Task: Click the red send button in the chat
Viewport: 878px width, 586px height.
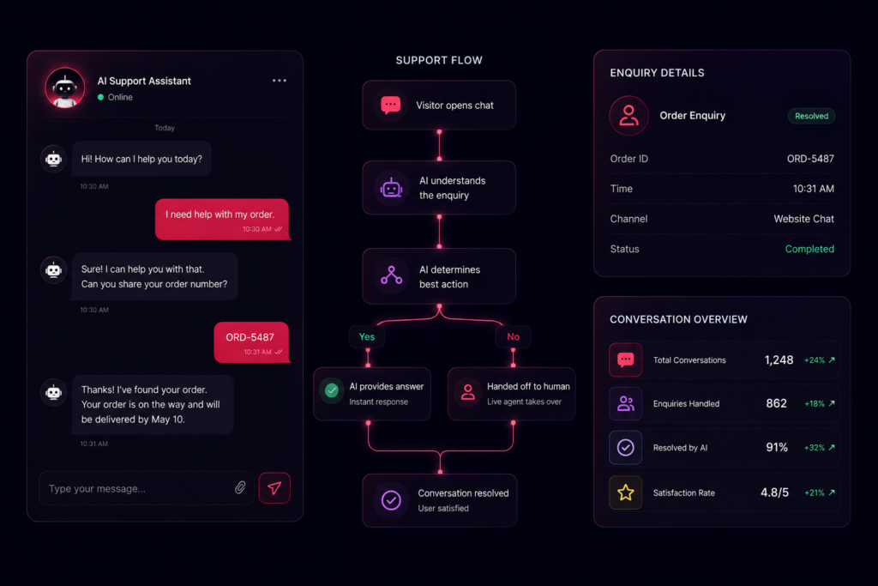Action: click(274, 488)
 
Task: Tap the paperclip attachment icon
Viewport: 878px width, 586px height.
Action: click(240, 487)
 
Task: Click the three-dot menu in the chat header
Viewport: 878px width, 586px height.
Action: click(280, 81)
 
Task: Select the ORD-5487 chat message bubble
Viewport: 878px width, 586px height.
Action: click(251, 342)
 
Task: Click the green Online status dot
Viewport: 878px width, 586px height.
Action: click(101, 97)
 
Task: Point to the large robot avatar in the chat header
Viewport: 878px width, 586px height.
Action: click(65, 88)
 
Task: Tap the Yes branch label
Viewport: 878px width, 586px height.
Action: click(367, 336)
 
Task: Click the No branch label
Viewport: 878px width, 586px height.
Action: click(513, 336)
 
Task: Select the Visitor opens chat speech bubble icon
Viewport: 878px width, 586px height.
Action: click(391, 105)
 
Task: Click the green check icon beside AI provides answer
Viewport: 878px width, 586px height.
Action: click(332, 390)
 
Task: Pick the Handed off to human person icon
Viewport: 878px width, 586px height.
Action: click(468, 391)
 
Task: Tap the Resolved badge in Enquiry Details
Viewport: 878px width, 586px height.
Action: click(811, 116)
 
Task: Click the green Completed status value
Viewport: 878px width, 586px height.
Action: click(809, 249)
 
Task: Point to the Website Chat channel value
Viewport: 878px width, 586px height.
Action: click(803, 219)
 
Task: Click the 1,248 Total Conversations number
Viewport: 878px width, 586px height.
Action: click(779, 360)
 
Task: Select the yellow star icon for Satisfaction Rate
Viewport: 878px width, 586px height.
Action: click(625, 492)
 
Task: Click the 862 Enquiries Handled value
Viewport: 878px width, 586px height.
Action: click(776, 403)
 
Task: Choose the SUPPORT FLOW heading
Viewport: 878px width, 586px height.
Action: click(439, 61)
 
